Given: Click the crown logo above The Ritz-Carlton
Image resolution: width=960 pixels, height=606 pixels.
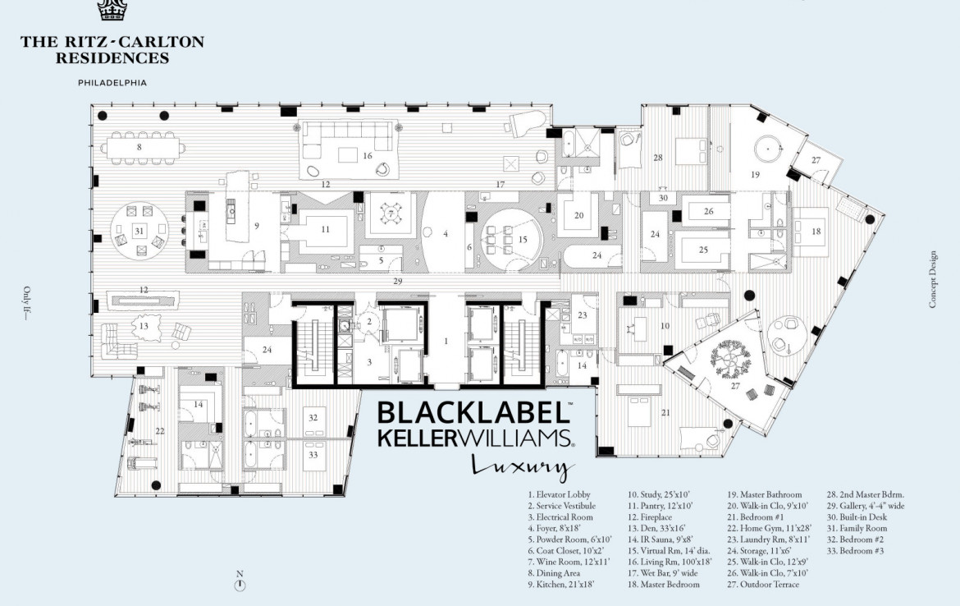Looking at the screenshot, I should point(112,10).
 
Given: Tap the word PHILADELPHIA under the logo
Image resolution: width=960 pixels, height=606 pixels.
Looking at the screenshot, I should point(112,83).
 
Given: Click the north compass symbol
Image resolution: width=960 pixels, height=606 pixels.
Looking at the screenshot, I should point(240,585).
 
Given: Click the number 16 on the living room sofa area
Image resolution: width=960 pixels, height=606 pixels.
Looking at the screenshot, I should point(368,155).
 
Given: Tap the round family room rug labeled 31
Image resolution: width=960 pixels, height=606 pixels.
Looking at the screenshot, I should point(139,232).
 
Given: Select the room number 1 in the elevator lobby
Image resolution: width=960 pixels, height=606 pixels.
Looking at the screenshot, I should point(446,339).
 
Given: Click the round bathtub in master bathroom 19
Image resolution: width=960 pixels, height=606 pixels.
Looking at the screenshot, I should point(769,149).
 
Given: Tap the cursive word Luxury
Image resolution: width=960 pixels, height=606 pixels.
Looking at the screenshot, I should point(519,466).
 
